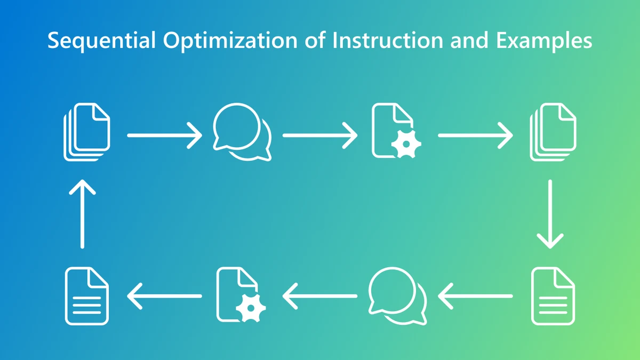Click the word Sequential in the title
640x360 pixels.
tap(102, 41)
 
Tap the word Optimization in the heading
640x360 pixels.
tap(230, 41)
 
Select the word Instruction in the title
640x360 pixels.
tap(388, 40)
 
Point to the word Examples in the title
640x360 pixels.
tap(544, 41)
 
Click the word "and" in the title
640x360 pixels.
tap(469, 40)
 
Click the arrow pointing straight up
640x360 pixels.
tap(82, 214)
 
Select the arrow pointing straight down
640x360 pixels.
tap(550, 214)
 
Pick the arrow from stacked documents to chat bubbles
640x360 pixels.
tap(165, 135)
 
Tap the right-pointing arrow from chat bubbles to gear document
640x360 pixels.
tap(320, 135)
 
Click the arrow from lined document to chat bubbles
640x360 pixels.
tap(475, 297)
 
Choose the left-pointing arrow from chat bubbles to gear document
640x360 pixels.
tap(320, 297)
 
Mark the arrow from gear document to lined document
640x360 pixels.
tap(165, 297)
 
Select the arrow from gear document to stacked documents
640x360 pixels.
tap(475, 135)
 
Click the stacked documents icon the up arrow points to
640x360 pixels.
tap(86, 132)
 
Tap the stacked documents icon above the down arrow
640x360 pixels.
tap(553, 132)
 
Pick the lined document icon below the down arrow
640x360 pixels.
tap(553, 296)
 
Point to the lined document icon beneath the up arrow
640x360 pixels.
tap(86, 296)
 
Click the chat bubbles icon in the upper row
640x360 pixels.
tap(242, 132)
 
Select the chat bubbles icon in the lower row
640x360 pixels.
tap(397, 296)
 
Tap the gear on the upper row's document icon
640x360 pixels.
tap(406, 145)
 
